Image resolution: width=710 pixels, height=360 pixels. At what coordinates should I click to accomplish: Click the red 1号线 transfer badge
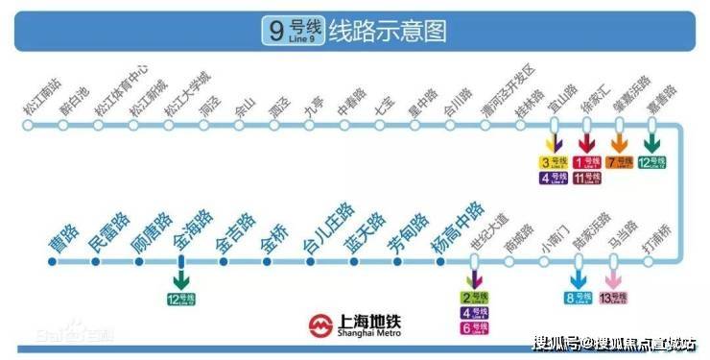[x=587, y=162]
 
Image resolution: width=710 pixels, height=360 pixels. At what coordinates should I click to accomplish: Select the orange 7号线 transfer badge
[x=620, y=162]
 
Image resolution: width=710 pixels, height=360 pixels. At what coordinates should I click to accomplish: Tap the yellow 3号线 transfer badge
[x=554, y=162]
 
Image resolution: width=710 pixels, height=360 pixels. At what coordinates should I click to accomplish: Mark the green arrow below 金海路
[x=179, y=277]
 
